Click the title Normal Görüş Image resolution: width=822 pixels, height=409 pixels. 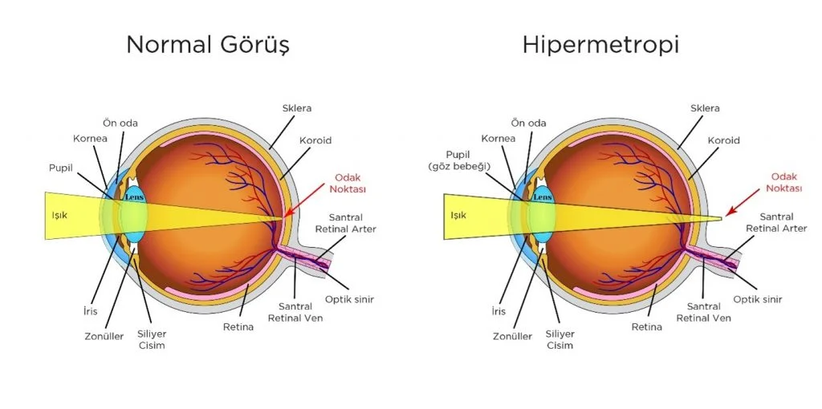[207, 45]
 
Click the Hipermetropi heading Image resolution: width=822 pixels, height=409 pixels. [600, 45]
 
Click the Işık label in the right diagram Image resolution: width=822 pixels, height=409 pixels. [458, 215]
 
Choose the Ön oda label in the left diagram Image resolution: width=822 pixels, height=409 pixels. [120, 123]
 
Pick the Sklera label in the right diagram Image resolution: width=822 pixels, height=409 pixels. [705, 107]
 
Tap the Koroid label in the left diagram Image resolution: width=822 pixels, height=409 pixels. [316, 140]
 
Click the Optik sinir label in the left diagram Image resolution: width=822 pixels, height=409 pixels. [350, 299]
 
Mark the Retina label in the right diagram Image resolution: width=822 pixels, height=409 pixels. [646, 326]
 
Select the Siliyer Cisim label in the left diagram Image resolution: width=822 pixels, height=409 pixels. [153, 339]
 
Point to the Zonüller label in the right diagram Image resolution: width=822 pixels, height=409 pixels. [512, 336]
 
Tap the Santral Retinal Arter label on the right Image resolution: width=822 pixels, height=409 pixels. [776, 222]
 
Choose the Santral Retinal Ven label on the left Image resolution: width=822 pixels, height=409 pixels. [301, 312]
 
